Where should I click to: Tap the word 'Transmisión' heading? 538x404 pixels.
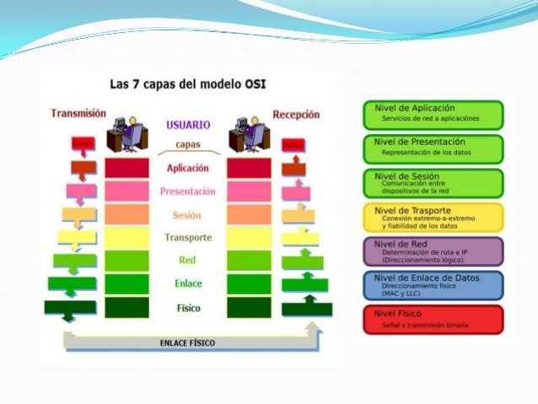78,112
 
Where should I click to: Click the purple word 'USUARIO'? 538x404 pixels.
188,124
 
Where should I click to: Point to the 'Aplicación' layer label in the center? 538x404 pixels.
188,168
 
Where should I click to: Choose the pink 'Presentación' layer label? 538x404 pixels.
188,191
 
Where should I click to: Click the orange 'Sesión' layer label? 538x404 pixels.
187,214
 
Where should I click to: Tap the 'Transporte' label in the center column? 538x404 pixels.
188,238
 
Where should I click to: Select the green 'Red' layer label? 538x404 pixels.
187,261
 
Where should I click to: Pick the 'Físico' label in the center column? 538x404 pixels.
188,308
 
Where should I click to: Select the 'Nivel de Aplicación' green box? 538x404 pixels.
433,114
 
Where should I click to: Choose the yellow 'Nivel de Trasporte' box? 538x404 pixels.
433,217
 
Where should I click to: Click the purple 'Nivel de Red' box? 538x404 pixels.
433,250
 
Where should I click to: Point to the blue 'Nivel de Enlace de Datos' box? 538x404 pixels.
433,285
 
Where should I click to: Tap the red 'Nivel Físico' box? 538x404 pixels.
433,319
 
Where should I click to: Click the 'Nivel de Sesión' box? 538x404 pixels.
433,183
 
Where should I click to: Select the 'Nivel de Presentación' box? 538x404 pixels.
433,148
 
